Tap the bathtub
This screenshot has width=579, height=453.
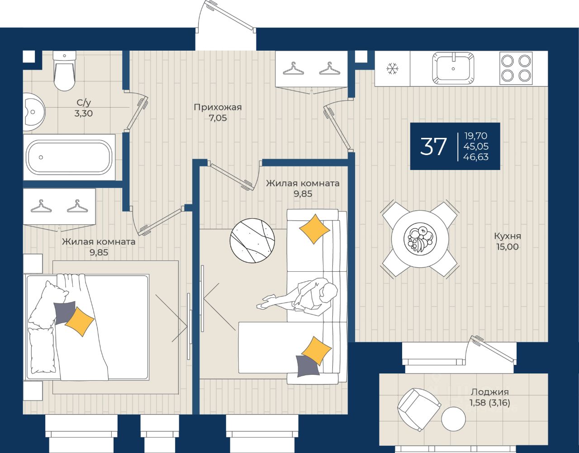(69, 157)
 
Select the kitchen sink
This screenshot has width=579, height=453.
(453, 68)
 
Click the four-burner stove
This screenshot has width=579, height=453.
(516, 68)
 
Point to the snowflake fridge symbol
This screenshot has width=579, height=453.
(392, 69)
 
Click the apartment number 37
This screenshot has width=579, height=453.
(433, 146)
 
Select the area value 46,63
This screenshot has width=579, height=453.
(476, 157)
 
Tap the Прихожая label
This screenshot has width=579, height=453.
(218, 108)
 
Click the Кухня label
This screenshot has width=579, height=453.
(507, 236)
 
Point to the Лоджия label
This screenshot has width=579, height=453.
(489, 392)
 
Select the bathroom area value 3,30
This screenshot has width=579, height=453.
(84, 113)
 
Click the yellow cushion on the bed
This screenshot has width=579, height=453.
(80, 321)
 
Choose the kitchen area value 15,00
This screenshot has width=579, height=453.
(507, 247)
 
